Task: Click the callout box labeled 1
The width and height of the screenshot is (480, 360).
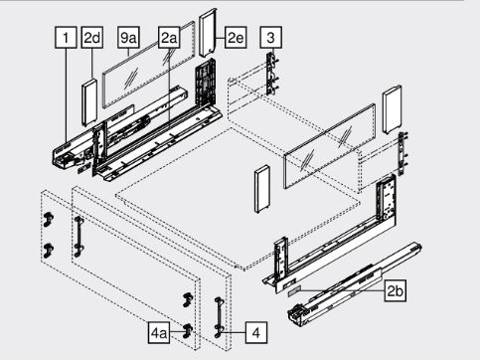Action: point(66,38)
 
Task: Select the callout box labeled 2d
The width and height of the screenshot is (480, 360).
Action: point(91,38)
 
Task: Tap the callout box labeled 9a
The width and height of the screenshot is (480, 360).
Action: point(128,38)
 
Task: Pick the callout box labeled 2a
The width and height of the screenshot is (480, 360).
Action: point(169,38)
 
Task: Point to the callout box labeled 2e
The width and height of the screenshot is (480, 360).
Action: point(236,38)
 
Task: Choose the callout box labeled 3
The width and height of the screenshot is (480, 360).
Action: point(271,38)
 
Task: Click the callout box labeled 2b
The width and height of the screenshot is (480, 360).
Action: point(396,290)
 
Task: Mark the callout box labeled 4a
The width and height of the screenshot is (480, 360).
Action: point(159,332)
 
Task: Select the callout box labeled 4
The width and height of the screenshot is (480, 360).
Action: point(256,332)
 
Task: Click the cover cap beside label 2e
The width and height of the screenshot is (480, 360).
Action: point(208,33)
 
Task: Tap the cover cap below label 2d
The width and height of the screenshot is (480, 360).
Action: point(88,102)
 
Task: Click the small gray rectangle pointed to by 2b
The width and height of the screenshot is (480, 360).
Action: point(294,290)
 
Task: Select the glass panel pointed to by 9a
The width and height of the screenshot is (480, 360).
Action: point(148,65)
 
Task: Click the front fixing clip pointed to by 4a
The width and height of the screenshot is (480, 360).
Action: point(188,330)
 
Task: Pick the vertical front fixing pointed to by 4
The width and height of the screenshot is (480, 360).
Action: point(219,317)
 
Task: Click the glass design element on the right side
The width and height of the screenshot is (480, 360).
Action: point(330,146)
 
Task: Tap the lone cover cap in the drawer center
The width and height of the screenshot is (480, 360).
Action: point(262,189)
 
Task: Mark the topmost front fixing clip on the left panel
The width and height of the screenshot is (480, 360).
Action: point(49,219)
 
